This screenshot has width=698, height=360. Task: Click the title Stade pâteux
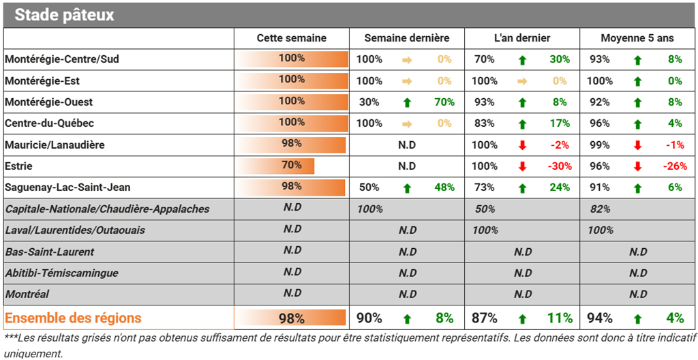coord(64,15)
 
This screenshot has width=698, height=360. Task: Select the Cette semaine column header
coord(292,38)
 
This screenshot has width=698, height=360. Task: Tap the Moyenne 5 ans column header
coord(637,38)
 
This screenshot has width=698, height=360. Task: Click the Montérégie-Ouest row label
coord(49,102)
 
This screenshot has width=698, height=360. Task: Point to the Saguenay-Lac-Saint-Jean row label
coord(67,187)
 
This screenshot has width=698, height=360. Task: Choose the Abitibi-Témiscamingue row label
coord(62,273)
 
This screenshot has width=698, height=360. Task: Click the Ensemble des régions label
coord(73,318)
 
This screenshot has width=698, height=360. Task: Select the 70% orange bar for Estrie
coord(275,166)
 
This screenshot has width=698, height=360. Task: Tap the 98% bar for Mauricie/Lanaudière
coord(290,145)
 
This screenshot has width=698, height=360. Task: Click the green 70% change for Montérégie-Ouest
coord(444,102)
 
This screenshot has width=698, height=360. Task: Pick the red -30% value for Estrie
coord(560,166)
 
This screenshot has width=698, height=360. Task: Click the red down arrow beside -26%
coord(637,166)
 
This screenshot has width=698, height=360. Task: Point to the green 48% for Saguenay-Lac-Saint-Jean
coord(444,187)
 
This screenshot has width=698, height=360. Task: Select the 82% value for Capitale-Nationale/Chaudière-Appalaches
coord(600,209)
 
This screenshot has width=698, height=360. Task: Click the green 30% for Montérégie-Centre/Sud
coord(560,59)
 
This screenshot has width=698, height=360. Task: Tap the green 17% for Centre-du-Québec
coord(560,123)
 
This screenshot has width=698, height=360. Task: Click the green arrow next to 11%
coord(523,319)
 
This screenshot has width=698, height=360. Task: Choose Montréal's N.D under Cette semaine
coord(292,293)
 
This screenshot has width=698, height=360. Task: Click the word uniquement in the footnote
coord(31,353)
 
